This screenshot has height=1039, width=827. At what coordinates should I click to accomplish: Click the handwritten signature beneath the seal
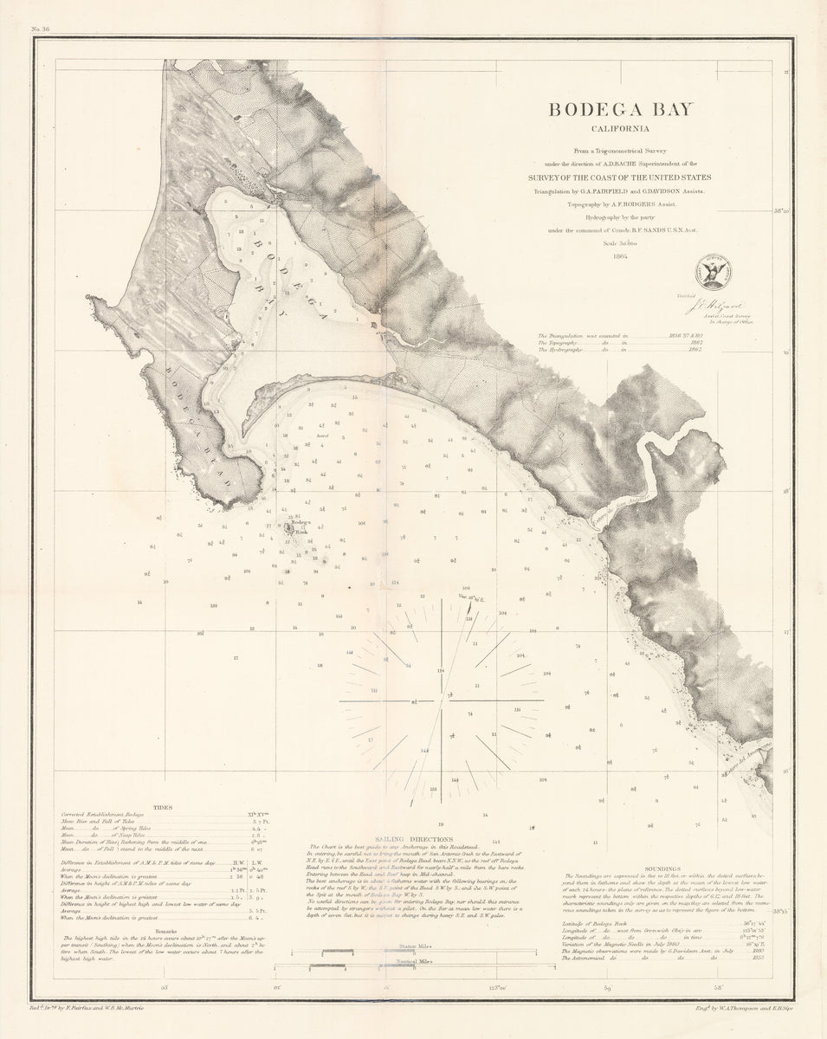[x=703, y=302]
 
